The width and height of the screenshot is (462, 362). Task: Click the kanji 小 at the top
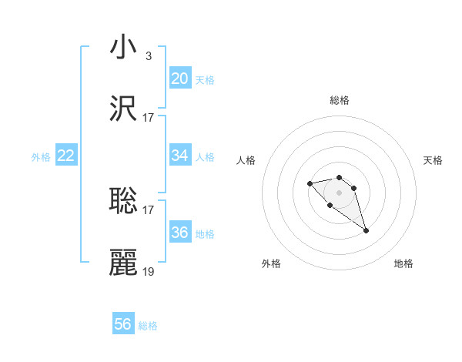pyautogui.click(x=123, y=47)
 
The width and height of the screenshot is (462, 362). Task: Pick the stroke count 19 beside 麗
pyautogui.click(x=149, y=272)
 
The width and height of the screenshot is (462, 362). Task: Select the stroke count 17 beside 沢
pyautogui.click(x=149, y=118)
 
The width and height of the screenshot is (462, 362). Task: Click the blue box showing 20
pyautogui.click(x=179, y=79)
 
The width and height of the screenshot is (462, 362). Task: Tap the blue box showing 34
pyautogui.click(x=179, y=156)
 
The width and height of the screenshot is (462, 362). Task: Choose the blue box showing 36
pyautogui.click(x=179, y=233)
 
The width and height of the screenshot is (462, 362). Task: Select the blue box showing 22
pyautogui.click(x=66, y=156)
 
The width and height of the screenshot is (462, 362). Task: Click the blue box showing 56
pyautogui.click(x=123, y=324)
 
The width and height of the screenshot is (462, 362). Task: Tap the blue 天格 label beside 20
pyautogui.click(x=204, y=80)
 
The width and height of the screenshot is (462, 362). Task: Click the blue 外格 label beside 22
pyautogui.click(x=41, y=157)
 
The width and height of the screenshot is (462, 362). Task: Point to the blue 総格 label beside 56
pyautogui.click(x=148, y=326)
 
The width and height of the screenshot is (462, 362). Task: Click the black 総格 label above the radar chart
pyautogui.click(x=340, y=100)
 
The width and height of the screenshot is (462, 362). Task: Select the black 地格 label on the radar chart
pyautogui.click(x=403, y=263)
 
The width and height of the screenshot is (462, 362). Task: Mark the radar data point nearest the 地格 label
pyautogui.click(x=366, y=230)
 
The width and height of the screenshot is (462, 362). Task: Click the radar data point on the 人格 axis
pyautogui.click(x=310, y=183)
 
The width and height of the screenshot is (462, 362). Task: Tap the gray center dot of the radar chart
pyautogui.click(x=340, y=193)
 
